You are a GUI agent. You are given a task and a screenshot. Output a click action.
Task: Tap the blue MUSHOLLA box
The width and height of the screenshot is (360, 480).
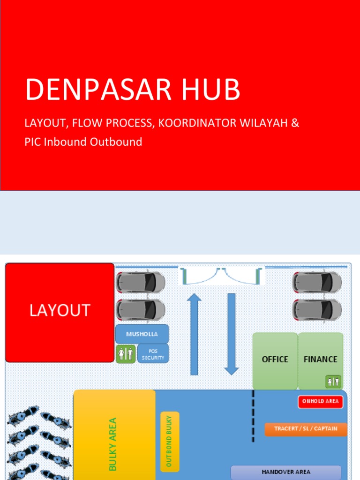pos(142,334)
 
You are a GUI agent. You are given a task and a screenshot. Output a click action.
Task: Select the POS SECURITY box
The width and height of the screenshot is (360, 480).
pos(153,354)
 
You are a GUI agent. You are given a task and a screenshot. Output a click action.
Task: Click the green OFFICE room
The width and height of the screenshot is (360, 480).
pos(275,360)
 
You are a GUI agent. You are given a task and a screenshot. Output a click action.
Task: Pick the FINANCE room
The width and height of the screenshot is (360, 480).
pos(321,360)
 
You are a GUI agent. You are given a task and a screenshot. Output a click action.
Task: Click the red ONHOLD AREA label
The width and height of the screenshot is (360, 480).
pos(321,401)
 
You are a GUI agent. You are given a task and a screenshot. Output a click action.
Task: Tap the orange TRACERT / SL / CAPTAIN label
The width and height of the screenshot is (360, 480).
pos(306,429)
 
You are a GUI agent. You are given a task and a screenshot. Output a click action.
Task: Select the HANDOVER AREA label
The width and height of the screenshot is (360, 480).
pos(286,472)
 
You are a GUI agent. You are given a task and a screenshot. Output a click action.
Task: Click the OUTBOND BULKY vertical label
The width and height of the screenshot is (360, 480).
pos(169,441)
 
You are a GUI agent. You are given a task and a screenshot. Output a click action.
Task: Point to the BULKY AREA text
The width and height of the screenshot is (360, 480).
pos(112,443)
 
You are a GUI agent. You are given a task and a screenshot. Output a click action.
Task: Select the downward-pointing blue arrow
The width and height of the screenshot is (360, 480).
pos(232,333)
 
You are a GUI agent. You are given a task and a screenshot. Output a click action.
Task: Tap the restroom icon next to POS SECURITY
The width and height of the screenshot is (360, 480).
pos(126,354)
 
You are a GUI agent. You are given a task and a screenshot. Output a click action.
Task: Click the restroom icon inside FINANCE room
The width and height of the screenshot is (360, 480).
pos(334,382)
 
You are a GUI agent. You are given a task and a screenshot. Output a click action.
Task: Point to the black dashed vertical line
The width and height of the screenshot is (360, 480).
pos(254,416)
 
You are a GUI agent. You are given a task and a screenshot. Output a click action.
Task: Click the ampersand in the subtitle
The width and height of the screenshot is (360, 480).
pos(295,123)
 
